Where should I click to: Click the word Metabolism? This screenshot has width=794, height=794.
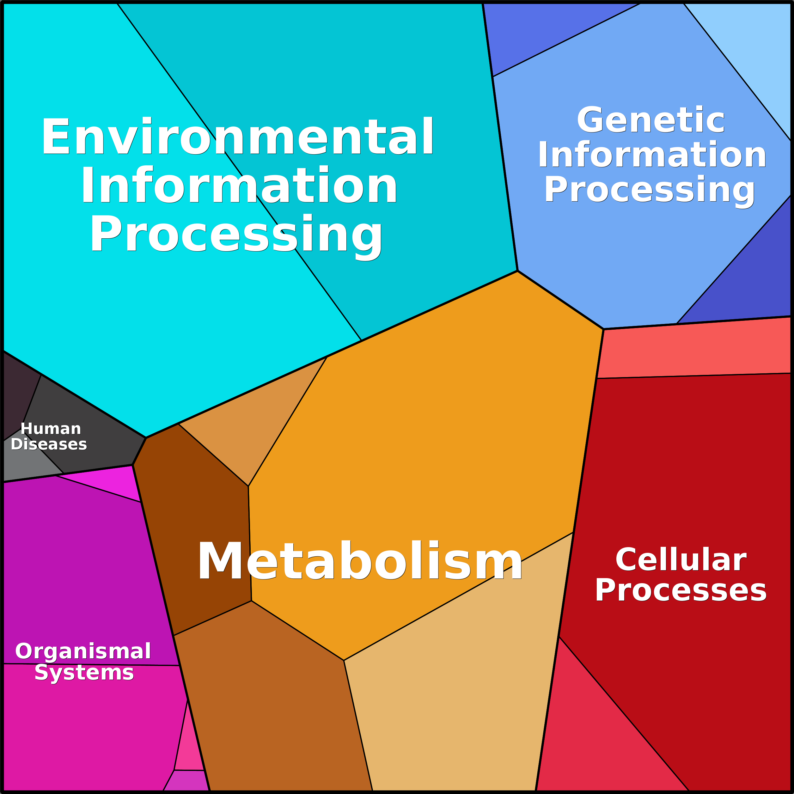click(360, 561)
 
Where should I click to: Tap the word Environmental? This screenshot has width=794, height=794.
click(238, 137)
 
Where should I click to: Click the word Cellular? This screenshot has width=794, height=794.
click(681, 560)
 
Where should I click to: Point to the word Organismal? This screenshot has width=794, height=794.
click(83, 651)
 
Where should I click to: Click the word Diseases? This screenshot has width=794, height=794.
click(49, 444)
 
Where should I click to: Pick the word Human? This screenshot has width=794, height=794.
click(51, 429)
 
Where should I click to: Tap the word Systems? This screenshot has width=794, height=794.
click(84, 673)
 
